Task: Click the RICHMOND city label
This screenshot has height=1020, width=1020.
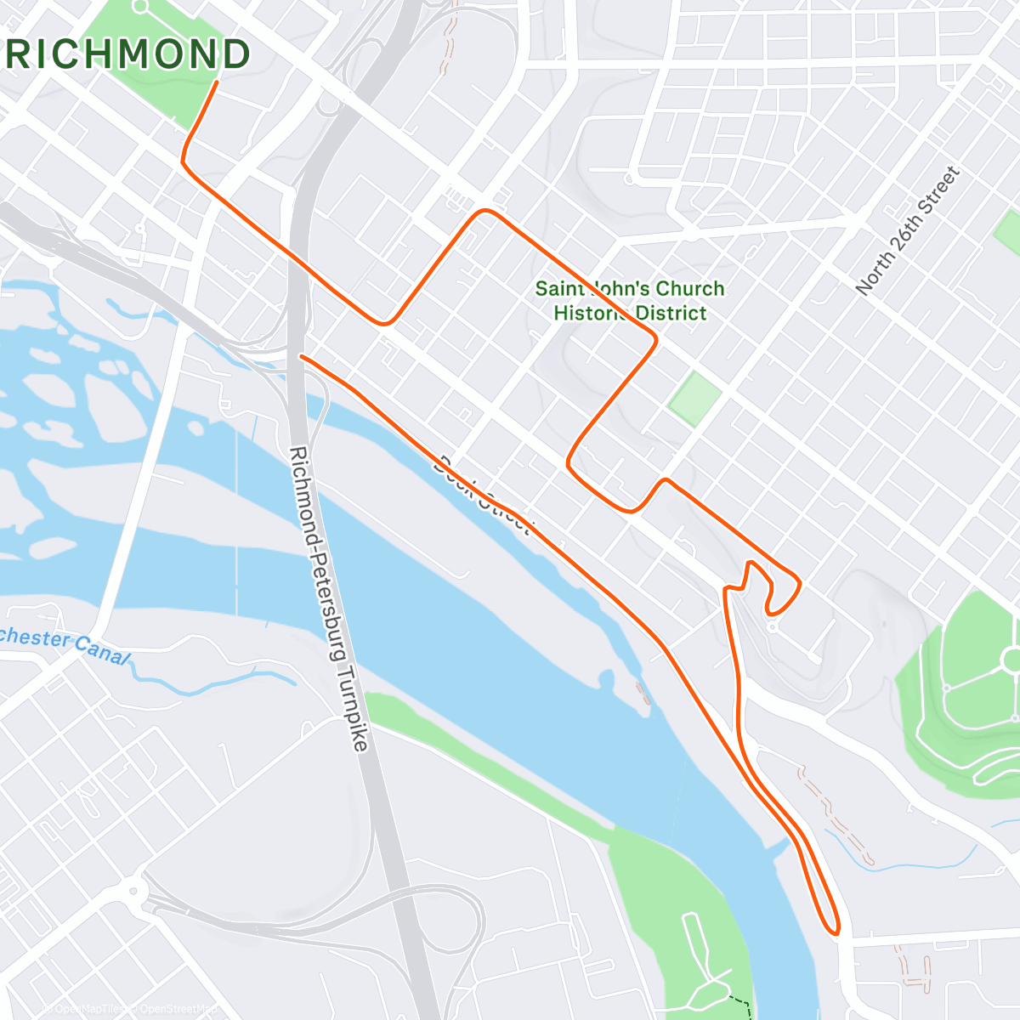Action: (127, 54)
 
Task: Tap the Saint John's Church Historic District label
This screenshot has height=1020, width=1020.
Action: (630, 301)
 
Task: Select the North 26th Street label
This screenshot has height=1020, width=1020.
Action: (907, 231)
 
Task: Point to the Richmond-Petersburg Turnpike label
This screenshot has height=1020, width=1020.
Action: (329, 598)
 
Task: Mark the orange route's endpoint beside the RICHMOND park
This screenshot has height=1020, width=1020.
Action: (218, 82)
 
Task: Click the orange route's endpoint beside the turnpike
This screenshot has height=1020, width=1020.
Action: (303, 357)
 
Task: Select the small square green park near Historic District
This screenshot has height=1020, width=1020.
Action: (694, 399)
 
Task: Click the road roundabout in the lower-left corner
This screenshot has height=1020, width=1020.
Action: (133, 892)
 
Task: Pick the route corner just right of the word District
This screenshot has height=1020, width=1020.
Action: (655, 339)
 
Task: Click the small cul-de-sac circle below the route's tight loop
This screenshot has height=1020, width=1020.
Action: (772, 627)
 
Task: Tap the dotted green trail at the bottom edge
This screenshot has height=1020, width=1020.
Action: (741, 1003)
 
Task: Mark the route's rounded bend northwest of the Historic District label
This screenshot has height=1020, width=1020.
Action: (484, 211)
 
